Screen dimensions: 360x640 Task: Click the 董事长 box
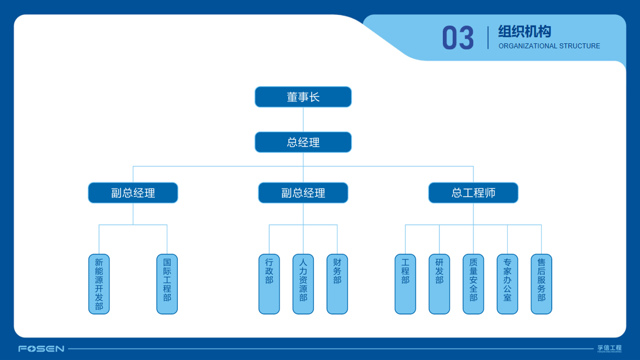(x=303, y=97)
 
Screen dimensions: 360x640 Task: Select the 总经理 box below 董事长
(x=303, y=142)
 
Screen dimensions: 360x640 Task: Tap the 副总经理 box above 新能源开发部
(x=133, y=193)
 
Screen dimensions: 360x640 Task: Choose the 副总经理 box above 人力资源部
(x=303, y=193)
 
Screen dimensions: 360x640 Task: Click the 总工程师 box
(x=473, y=193)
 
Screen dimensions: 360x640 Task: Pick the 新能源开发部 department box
(x=99, y=284)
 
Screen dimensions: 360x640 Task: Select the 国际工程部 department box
(x=167, y=284)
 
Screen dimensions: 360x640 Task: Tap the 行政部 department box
(x=269, y=284)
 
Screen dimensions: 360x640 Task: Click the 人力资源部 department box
(x=303, y=284)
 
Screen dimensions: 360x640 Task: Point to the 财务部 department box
(x=337, y=284)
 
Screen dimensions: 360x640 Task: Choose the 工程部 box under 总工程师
(x=405, y=284)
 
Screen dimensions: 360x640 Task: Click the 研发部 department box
(x=439, y=284)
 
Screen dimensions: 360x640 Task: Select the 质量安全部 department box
(x=473, y=284)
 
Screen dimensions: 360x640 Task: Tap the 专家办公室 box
(x=507, y=284)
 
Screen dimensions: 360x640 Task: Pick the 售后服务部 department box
(x=541, y=284)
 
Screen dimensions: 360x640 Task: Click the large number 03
(x=458, y=38)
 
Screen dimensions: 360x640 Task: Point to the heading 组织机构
(x=524, y=32)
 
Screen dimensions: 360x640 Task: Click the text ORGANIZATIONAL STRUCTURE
(x=549, y=46)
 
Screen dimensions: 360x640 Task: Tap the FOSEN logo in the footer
(x=41, y=349)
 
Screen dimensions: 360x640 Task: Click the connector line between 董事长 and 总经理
(x=303, y=119)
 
